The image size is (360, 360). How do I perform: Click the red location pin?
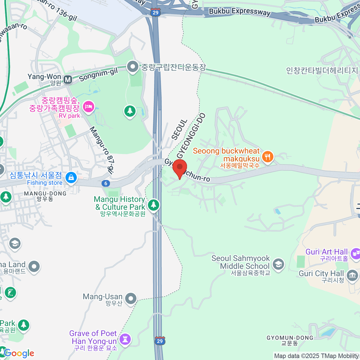pyautogui.click(x=180, y=167)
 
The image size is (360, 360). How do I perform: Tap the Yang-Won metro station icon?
pyautogui.click(x=68, y=79)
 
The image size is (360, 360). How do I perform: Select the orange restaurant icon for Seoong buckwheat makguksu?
pyautogui.click(x=267, y=157)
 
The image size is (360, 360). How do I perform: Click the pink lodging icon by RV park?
pyautogui.click(x=88, y=106)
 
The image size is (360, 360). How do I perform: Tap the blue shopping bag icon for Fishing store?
pyautogui.click(x=71, y=178)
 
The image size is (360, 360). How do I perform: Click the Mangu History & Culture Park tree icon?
pyautogui.click(x=154, y=205)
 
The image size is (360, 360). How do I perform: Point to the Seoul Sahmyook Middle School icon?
pyautogui.click(x=278, y=265)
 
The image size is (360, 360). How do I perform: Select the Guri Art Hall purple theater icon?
pyautogui.click(x=355, y=253)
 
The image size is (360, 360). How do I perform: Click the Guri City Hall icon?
pyautogui.click(x=352, y=275)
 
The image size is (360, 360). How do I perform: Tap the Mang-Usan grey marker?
pyautogui.click(x=130, y=298)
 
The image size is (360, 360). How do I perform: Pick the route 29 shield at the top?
pyautogui.click(x=155, y=12)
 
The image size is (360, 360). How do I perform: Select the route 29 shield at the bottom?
pyautogui.click(x=160, y=341)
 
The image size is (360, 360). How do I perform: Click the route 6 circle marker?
pyautogui.click(x=106, y=183)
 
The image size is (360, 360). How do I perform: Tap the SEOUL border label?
pyautogui.click(x=179, y=130)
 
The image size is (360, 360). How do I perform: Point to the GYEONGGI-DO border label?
pyautogui.click(x=191, y=136)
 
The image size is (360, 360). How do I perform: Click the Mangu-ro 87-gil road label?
pyautogui.click(x=102, y=150)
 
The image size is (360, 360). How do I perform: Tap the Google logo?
pyautogui.click(x=19, y=353)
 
